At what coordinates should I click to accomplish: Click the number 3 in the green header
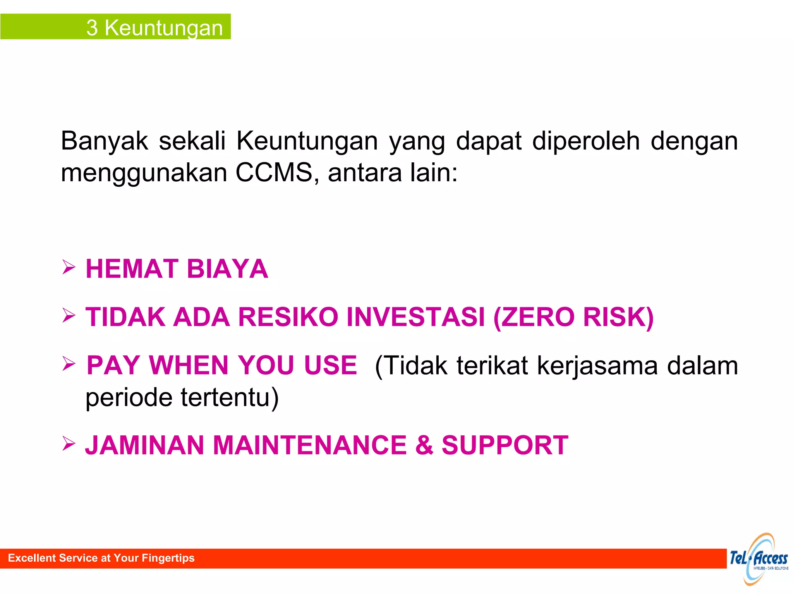(92, 28)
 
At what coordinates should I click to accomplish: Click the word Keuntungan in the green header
(164, 28)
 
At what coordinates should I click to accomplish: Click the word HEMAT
(132, 269)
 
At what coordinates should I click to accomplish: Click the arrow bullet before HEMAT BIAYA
(69, 267)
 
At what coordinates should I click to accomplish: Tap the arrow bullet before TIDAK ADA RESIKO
(69, 315)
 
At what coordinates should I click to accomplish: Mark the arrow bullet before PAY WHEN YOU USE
(69, 363)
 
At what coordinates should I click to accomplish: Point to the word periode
(129, 397)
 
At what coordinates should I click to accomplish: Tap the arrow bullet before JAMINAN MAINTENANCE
(69, 443)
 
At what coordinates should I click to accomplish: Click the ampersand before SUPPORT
(424, 445)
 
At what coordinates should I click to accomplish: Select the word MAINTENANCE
(310, 445)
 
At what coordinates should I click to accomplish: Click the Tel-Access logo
(759, 559)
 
